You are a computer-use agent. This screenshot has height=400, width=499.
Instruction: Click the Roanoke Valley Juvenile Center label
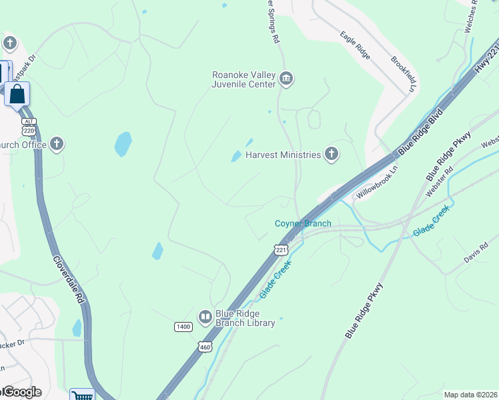(x=243, y=79)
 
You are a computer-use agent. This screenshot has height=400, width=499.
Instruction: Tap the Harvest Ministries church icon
(x=331, y=155)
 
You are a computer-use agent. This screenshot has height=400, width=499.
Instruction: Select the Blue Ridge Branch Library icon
(x=205, y=316)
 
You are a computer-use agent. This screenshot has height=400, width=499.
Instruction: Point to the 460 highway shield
(x=205, y=347)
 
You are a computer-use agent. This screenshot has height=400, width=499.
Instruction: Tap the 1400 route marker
(x=183, y=327)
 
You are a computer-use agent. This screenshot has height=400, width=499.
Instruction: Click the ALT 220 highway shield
(x=28, y=126)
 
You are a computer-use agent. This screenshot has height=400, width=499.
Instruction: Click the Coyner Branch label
(x=303, y=223)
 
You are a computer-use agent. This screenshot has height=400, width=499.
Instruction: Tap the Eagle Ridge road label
(x=355, y=45)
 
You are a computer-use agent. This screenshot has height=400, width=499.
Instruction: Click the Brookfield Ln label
(x=404, y=74)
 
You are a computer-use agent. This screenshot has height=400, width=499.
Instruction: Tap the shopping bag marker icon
(x=17, y=94)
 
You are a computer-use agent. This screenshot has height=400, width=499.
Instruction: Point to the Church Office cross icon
(x=57, y=144)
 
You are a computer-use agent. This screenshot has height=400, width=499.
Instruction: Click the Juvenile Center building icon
(x=286, y=79)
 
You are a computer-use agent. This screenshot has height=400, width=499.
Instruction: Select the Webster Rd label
(x=440, y=181)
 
